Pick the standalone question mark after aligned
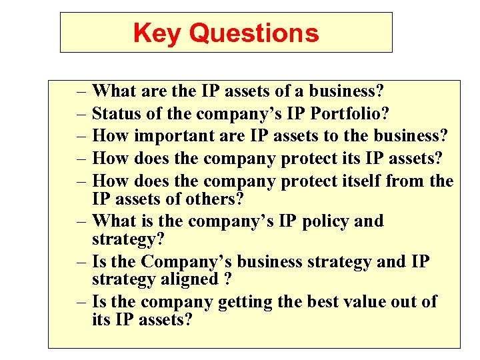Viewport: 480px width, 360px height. click(228, 279)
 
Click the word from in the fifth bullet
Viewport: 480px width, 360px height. click(405, 181)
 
